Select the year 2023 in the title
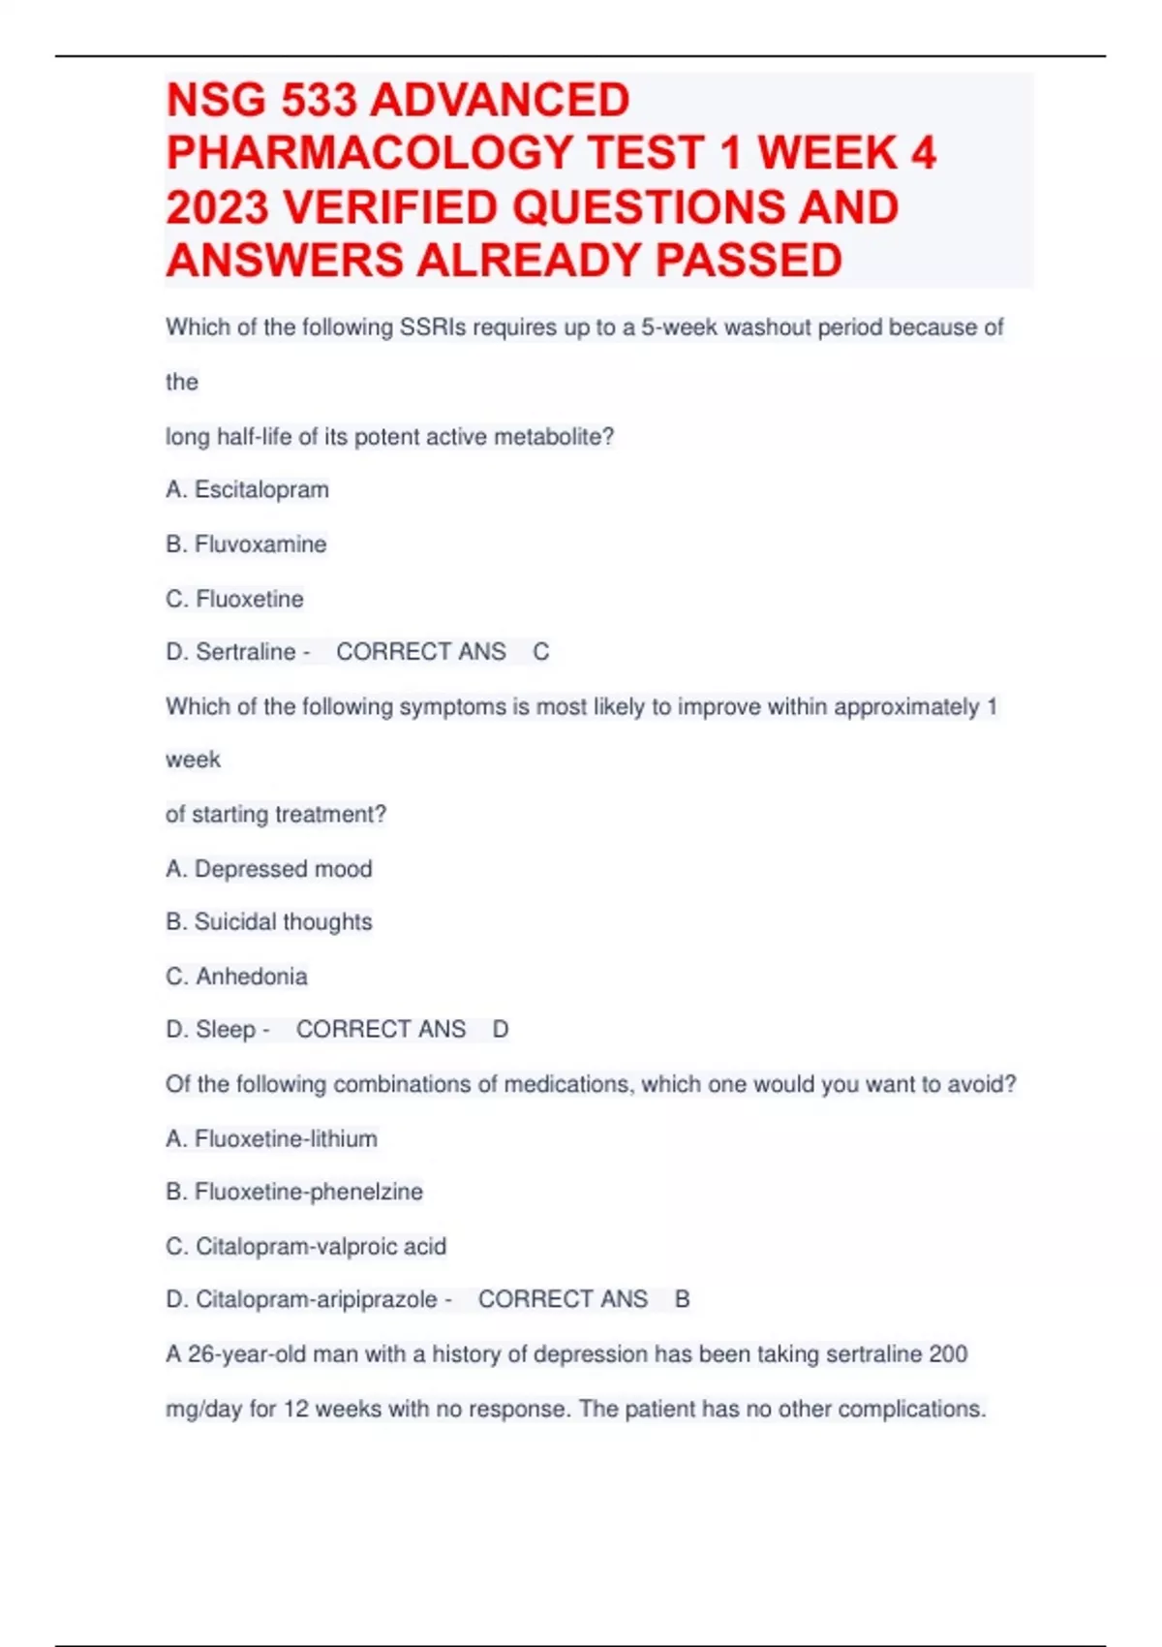pyautogui.click(x=217, y=207)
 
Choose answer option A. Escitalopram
pyautogui.click(x=247, y=489)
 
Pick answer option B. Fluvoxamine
pyautogui.click(x=246, y=544)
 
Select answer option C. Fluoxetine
pyautogui.click(x=234, y=599)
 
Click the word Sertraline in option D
pyautogui.click(x=245, y=652)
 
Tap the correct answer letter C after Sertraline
pyautogui.click(x=540, y=652)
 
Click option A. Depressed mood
pyautogui.click(x=268, y=868)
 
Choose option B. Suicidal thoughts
pyautogui.click(x=268, y=921)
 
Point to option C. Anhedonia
pyautogui.click(x=236, y=976)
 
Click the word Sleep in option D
pyautogui.click(x=226, y=1029)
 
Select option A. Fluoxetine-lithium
pyautogui.click(x=271, y=1138)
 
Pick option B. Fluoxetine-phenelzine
pyautogui.click(x=293, y=1192)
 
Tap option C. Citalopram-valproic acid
pyautogui.click(x=306, y=1246)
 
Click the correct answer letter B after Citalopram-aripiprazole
pyautogui.click(x=682, y=1299)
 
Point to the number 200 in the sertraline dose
pyautogui.click(x=947, y=1353)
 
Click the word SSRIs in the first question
pyautogui.click(x=432, y=327)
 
